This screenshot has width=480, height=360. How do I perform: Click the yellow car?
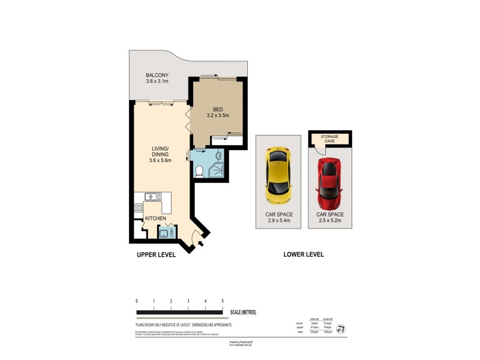pos(278,175)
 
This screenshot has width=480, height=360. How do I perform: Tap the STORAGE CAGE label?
pos(329,139)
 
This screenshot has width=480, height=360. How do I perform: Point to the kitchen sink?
pos(151,196)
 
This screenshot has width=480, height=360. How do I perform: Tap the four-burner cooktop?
pos(139,209)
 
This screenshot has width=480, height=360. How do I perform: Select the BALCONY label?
pos(157,75)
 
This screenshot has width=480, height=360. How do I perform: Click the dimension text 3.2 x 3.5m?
pos(218,115)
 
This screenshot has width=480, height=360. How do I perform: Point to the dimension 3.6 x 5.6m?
pos(160,160)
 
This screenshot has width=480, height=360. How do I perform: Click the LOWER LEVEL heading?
pos(304,254)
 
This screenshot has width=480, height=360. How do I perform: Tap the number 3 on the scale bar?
pos(188,301)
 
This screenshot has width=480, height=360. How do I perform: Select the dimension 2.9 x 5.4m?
pos(278,221)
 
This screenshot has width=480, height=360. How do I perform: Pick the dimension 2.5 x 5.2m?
pos(329,221)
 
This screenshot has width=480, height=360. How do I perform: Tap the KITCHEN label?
pos(155,219)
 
